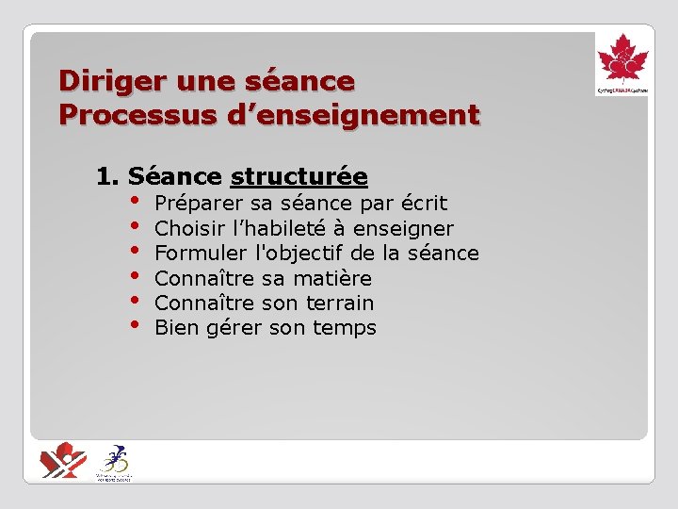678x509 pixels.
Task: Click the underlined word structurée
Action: pos(299,176)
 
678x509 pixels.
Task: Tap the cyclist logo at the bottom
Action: pos(115,461)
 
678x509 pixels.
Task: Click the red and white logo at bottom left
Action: pos(63,460)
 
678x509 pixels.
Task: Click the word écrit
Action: pos(424,204)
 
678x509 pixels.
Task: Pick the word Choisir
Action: pos(185,229)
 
